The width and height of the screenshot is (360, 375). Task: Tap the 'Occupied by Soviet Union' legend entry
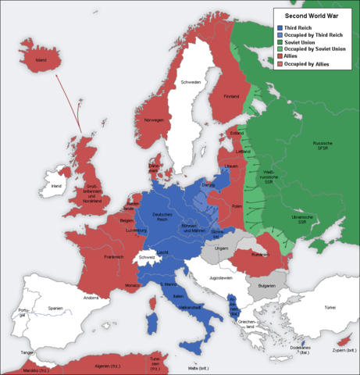click(x=316, y=48)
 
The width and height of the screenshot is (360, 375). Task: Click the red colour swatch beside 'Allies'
click(x=280, y=56)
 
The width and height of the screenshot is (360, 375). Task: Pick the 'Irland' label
click(x=55, y=186)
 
